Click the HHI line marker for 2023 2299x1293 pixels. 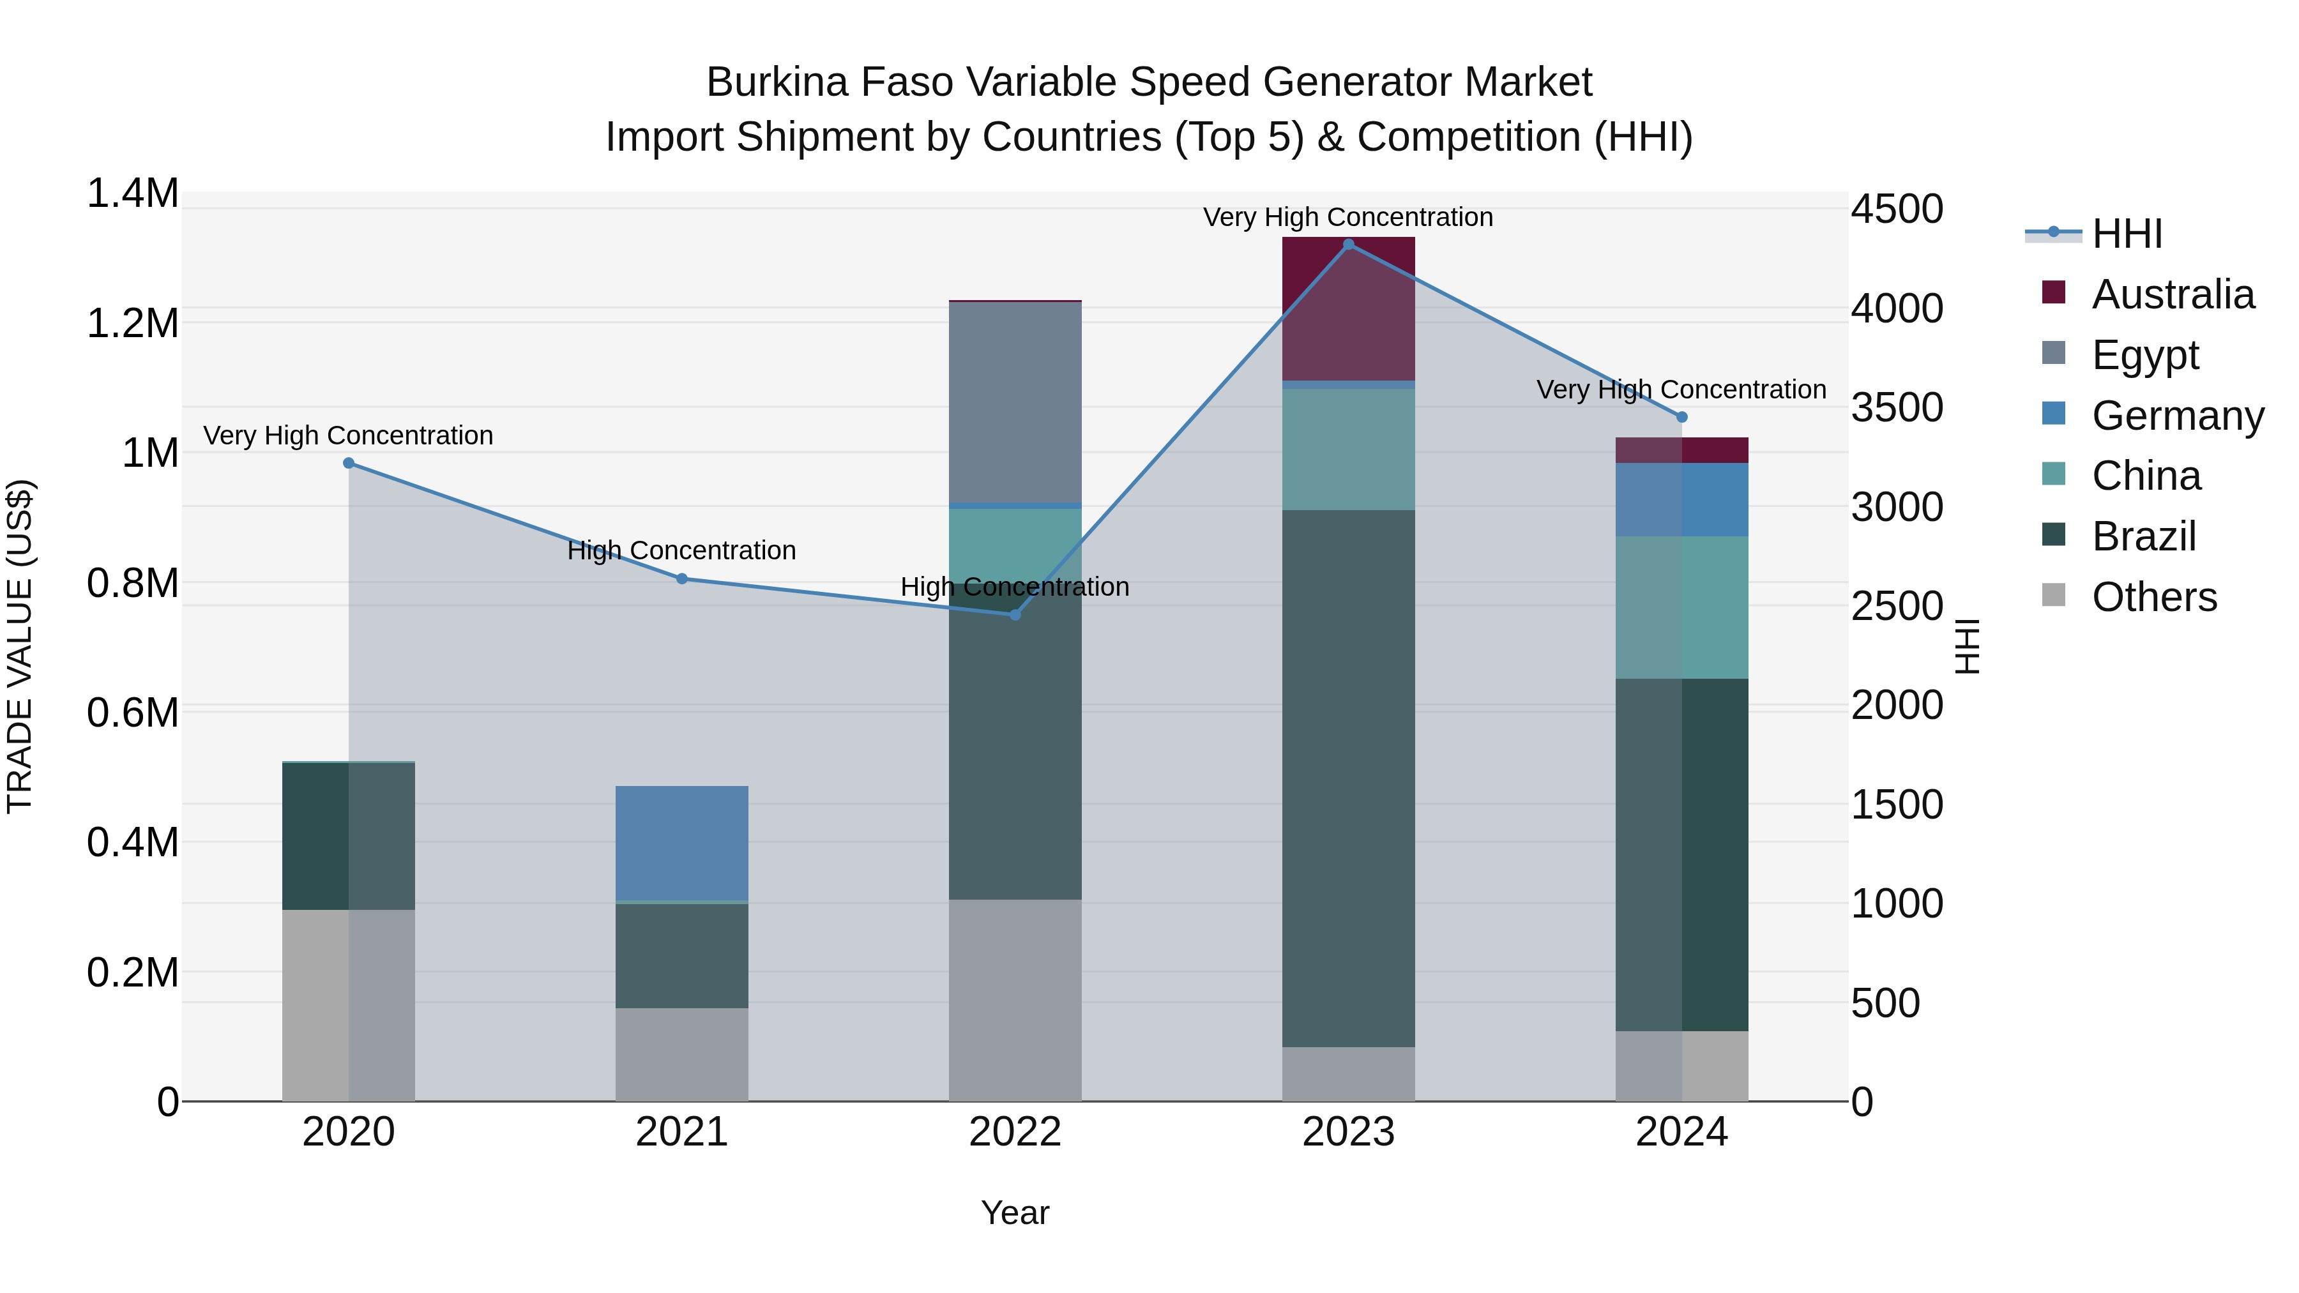(x=1349, y=245)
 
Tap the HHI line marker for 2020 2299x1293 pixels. (x=349, y=463)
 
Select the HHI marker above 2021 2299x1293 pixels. (x=682, y=579)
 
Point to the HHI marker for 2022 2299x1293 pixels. (x=1015, y=615)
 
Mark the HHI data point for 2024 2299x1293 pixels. (x=1682, y=417)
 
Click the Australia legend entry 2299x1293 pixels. (x=2173, y=294)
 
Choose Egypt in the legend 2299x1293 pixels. (x=2144, y=355)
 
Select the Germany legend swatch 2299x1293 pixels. (x=2054, y=414)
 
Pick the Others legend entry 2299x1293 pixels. (x=2153, y=597)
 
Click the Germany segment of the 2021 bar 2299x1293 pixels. (x=682, y=843)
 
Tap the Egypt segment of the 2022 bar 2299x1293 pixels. (x=1015, y=402)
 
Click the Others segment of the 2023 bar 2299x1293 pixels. (x=1349, y=1075)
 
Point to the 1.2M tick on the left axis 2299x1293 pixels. (x=133, y=323)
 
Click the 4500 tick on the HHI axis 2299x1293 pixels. (x=1897, y=209)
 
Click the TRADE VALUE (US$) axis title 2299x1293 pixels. (x=20, y=646)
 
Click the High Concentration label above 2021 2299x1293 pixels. (x=682, y=550)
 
